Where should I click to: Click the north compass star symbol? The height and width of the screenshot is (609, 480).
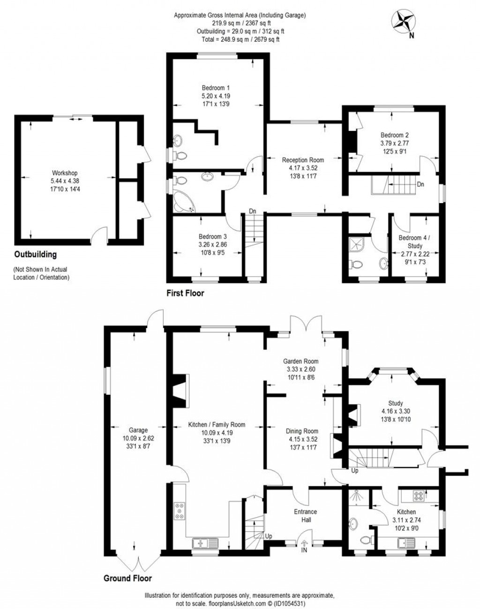pyautogui.click(x=404, y=20)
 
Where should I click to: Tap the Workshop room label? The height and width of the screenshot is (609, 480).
pyautogui.click(x=65, y=173)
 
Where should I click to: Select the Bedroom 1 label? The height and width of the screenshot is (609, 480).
pyautogui.click(x=216, y=88)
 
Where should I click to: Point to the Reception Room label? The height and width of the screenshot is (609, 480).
pyautogui.click(x=303, y=160)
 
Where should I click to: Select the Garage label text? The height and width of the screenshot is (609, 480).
pyautogui.click(x=138, y=430)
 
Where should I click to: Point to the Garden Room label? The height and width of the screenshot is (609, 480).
pyautogui.click(x=300, y=361)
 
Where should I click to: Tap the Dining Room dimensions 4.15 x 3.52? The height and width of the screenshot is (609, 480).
pyautogui.click(x=303, y=439)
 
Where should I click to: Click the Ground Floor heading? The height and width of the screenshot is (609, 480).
pyautogui.click(x=127, y=578)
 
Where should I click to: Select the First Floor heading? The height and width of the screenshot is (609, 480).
pyautogui.click(x=185, y=293)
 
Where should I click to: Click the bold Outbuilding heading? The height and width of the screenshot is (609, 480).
pyautogui.click(x=35, y=255)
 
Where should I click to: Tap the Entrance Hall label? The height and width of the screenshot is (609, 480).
pyautogui.click(x=305, y=516)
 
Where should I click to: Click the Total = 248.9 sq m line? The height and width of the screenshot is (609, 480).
pyautogui.click(x=240, y=39)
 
